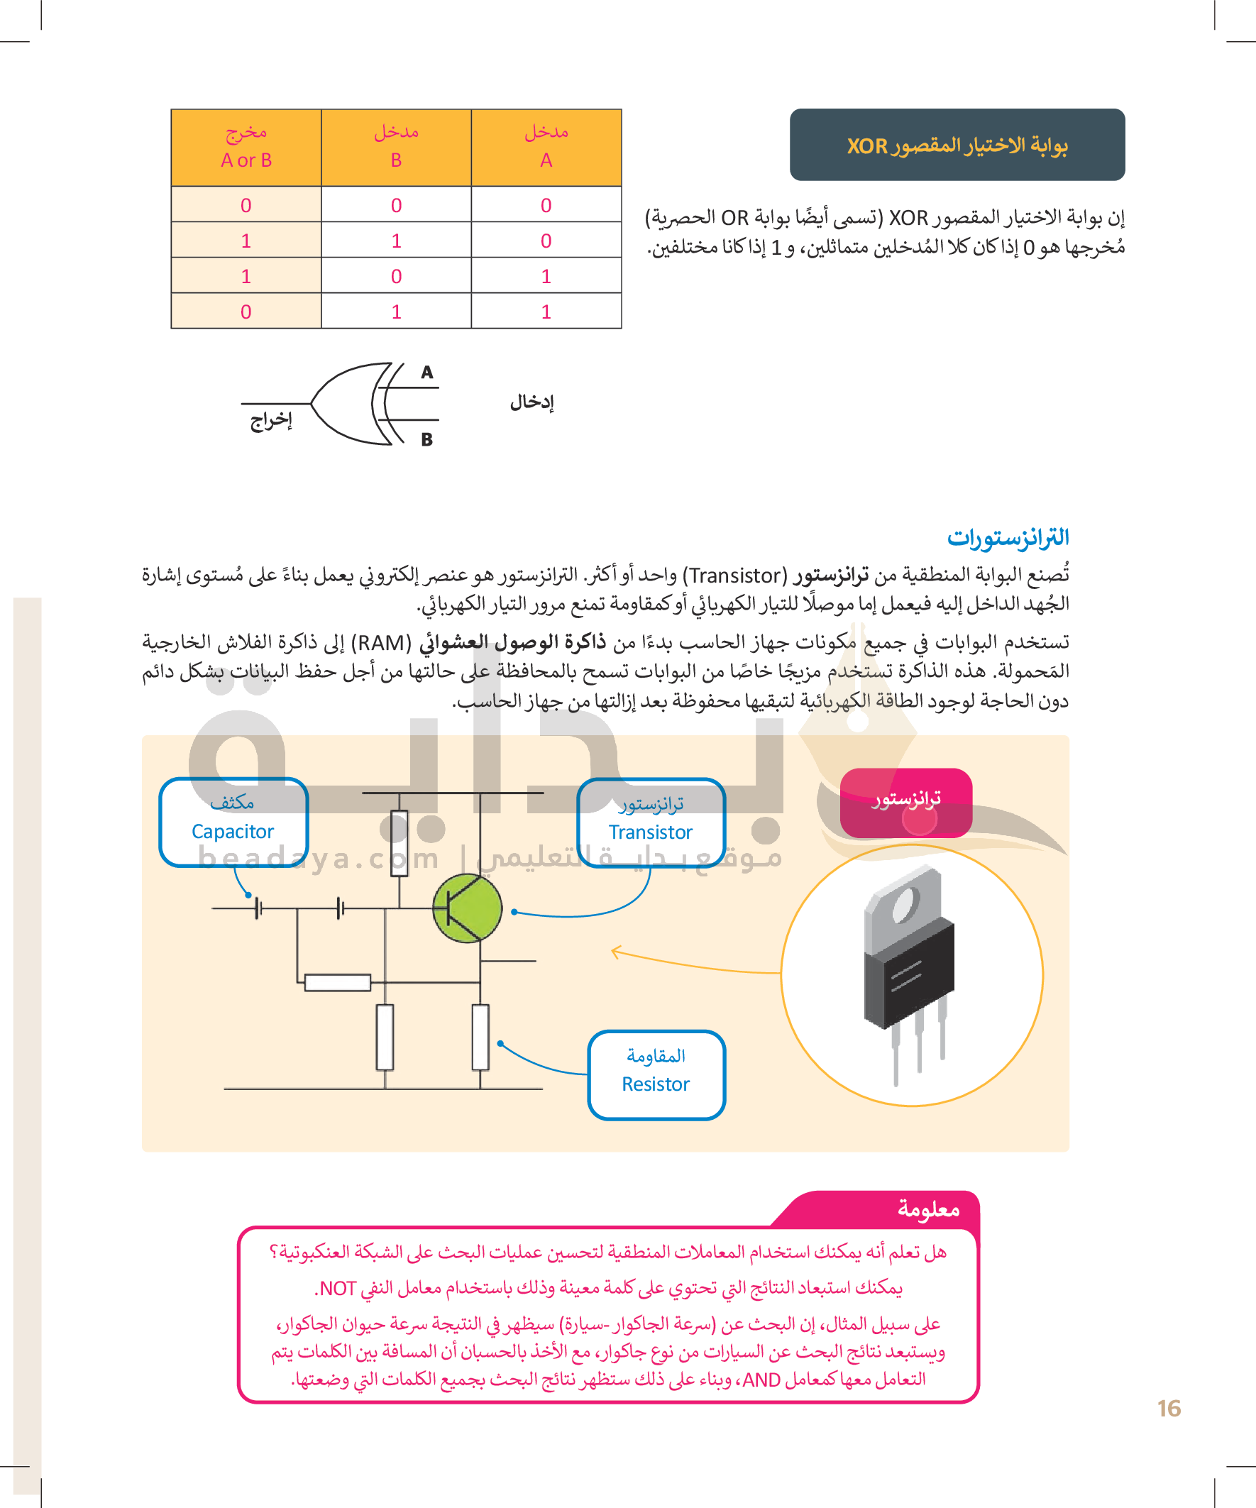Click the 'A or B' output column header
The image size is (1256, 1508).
point(246,147)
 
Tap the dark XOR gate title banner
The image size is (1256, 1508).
point(957,145)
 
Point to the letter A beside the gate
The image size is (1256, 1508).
point(427,372)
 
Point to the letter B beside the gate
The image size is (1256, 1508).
point(426,439)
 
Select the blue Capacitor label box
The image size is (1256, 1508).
point(233,822)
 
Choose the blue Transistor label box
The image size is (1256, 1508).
point(651,822)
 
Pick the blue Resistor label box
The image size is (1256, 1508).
point(656,1075)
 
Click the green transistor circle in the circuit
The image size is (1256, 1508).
point(468,908)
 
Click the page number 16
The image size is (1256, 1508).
point(1169,1408)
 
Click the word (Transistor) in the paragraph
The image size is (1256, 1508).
point(734,576)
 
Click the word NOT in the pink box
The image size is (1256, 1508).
point(338,1288)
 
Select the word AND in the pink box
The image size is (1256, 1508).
point(761,1380)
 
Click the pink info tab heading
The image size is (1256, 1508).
point(928,1209)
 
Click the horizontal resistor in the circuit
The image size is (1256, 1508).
point(338,982)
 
